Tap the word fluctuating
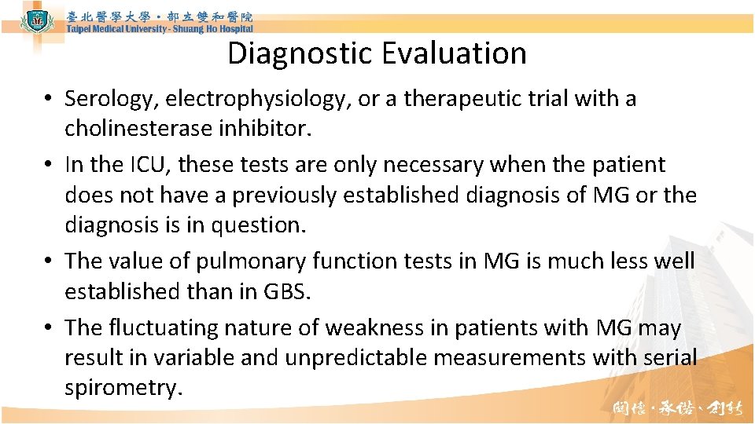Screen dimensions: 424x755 point(165,327)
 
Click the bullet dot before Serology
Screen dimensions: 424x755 point(49,100)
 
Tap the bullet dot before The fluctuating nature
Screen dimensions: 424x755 point(49,327)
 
